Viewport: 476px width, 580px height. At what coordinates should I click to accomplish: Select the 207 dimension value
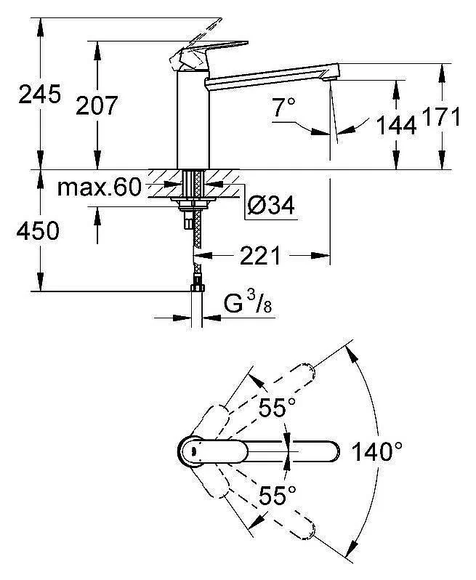click(x=97, y=105)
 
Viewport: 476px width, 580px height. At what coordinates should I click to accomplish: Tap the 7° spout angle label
click(x=284, y=109)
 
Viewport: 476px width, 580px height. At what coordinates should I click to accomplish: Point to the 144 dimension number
click(x=395, y=125)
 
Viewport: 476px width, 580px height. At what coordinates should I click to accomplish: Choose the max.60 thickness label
click(x=99, y=188)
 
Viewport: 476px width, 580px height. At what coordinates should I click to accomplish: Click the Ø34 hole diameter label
click(x=270, y=206)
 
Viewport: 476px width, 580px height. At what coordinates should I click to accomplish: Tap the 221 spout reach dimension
click(x=259, y=256)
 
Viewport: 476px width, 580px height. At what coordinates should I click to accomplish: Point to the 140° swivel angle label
click(x=376, y=452)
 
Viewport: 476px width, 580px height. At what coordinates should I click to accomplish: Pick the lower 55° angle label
click(x=277, y=496)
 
